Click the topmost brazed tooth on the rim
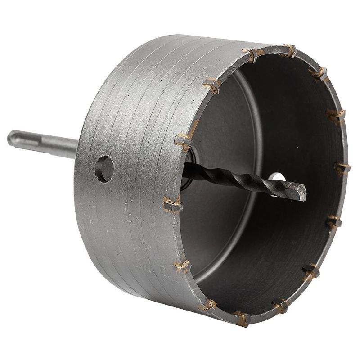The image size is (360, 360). (288, 50)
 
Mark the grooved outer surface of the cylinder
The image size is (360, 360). (135, 225)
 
